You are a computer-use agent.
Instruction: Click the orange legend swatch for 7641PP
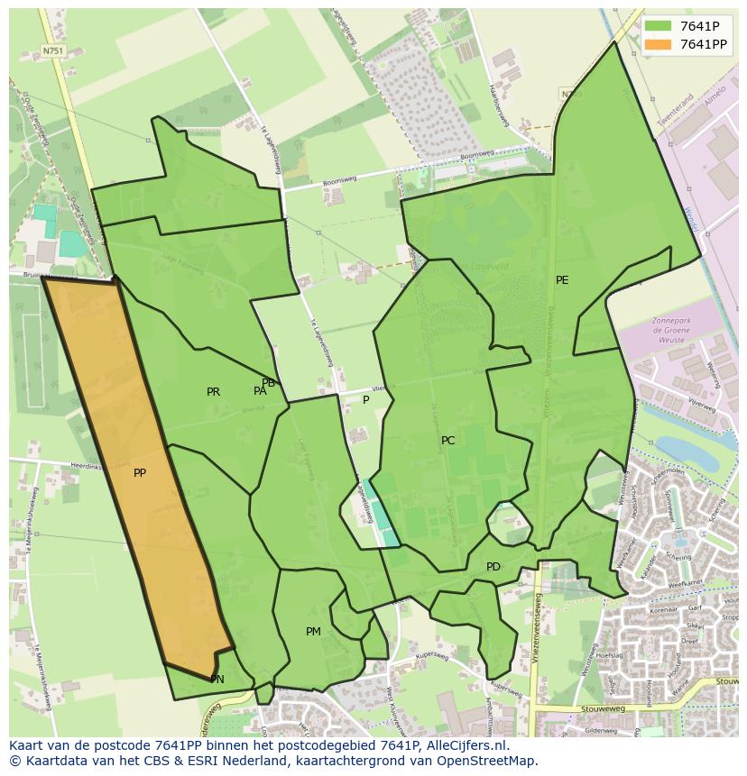(x=659, y=44)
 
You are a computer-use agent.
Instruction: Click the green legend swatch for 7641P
(x=659, y=26)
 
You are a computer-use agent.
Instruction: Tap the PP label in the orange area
(x=140, y=473)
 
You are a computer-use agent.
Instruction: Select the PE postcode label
(x=562, y=280)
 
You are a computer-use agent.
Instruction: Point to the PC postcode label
(x=447, y=441)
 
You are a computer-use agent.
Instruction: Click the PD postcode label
(x=493, y=567)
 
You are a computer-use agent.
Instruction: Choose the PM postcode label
(x=313, y=632)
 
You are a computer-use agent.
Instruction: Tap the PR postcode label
(x=213, y=392)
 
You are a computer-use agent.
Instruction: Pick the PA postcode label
(x=260, y=391)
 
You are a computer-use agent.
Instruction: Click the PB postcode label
(x=269, y=383)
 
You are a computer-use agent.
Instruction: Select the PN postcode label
(x=217, y=680)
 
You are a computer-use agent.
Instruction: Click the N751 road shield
(x=53, y=51)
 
